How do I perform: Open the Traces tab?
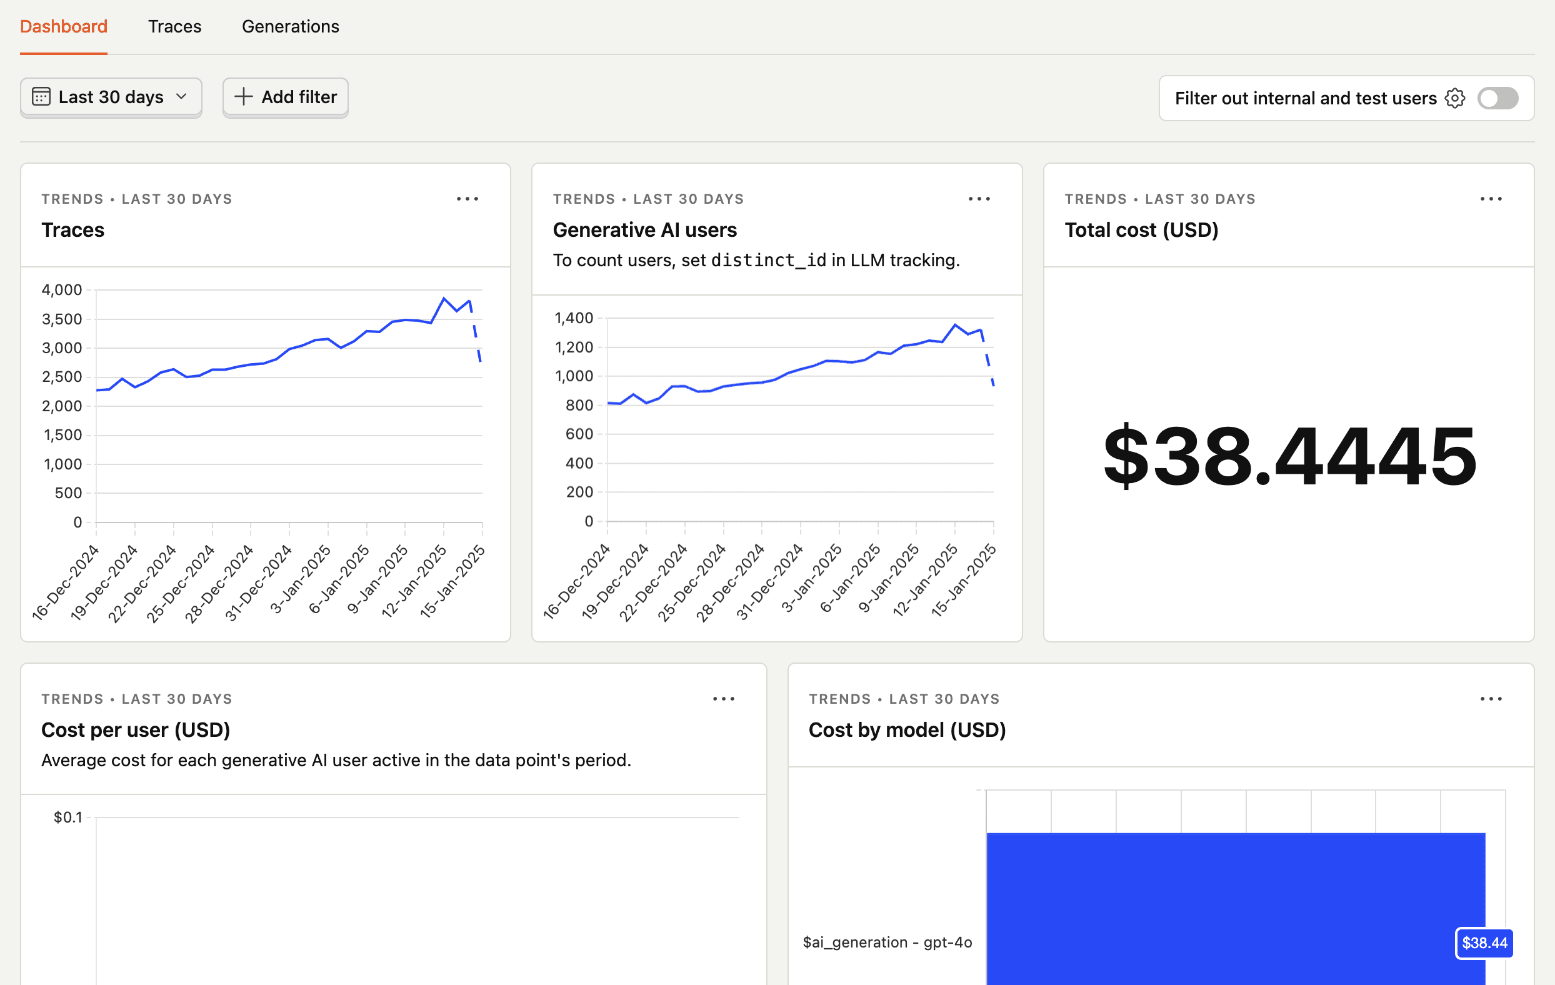point(174,26)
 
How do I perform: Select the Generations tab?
point(290,26)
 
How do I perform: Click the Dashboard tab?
point(63,26)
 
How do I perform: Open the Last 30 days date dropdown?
point(111,97)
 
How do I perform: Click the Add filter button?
point(286,97)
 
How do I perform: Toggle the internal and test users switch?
point(1497,98)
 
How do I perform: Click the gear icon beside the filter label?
point(1455,98)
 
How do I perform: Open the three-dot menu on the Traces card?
point(467,199)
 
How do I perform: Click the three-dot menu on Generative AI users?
point(979,199)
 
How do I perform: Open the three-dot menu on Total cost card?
point(1491,199)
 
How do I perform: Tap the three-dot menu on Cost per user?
point(723,699)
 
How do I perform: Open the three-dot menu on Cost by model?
point(1491,699)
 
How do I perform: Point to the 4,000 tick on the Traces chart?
point(62,290)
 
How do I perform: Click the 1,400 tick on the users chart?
point(574,317)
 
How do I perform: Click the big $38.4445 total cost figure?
point(1289,456)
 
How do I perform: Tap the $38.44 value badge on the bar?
point(1484,943)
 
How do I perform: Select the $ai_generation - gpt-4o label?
point(887,942)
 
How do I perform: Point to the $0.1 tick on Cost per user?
point(67,817)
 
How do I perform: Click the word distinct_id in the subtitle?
point(768,260)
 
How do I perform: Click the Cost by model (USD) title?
point(907,730)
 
